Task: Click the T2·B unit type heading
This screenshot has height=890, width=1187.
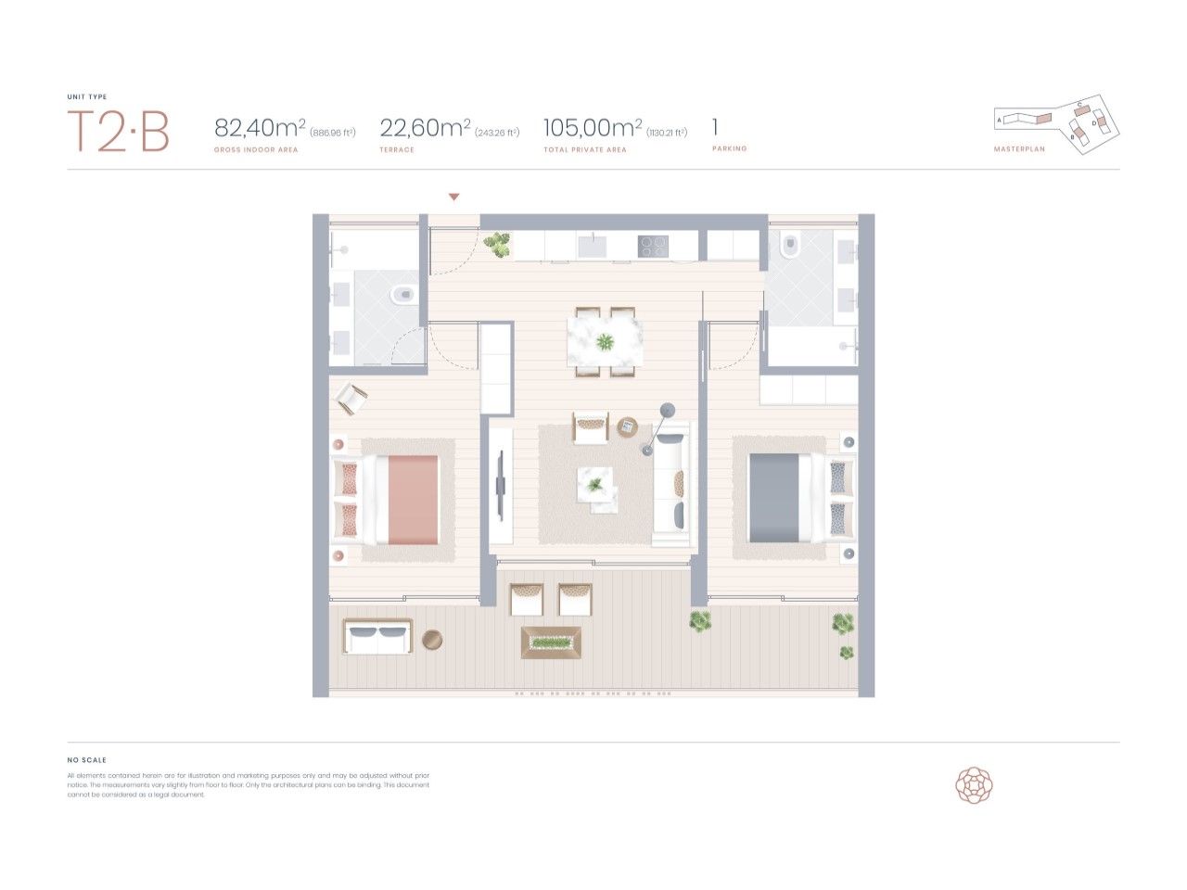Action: tap(118, 132)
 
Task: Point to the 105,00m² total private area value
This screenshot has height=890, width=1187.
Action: tap(593, 127)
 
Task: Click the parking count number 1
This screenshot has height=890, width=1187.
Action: tap(715, 127)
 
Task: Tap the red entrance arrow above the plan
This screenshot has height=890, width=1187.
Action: tap(453, 197)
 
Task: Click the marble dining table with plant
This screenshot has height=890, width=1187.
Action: tap(605, 342)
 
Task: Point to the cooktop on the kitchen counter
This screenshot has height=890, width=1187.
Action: tap(653, 246)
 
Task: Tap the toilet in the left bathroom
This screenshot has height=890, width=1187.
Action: tap(402, 296)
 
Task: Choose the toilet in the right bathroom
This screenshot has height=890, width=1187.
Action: tap(791, 248)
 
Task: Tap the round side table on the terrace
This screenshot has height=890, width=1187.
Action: tap(432, 639)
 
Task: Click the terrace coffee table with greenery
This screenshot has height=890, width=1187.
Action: tap(552, 641)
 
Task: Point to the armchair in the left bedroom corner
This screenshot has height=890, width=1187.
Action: tap(351, 399)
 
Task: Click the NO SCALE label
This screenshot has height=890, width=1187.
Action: tap(87, 760)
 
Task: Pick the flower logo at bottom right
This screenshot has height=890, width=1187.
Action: tap(974, 785)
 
